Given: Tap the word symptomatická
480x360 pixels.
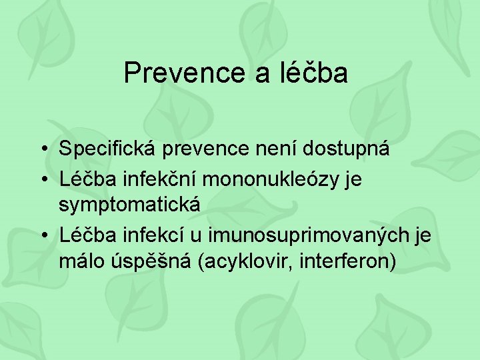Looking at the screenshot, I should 129,205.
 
